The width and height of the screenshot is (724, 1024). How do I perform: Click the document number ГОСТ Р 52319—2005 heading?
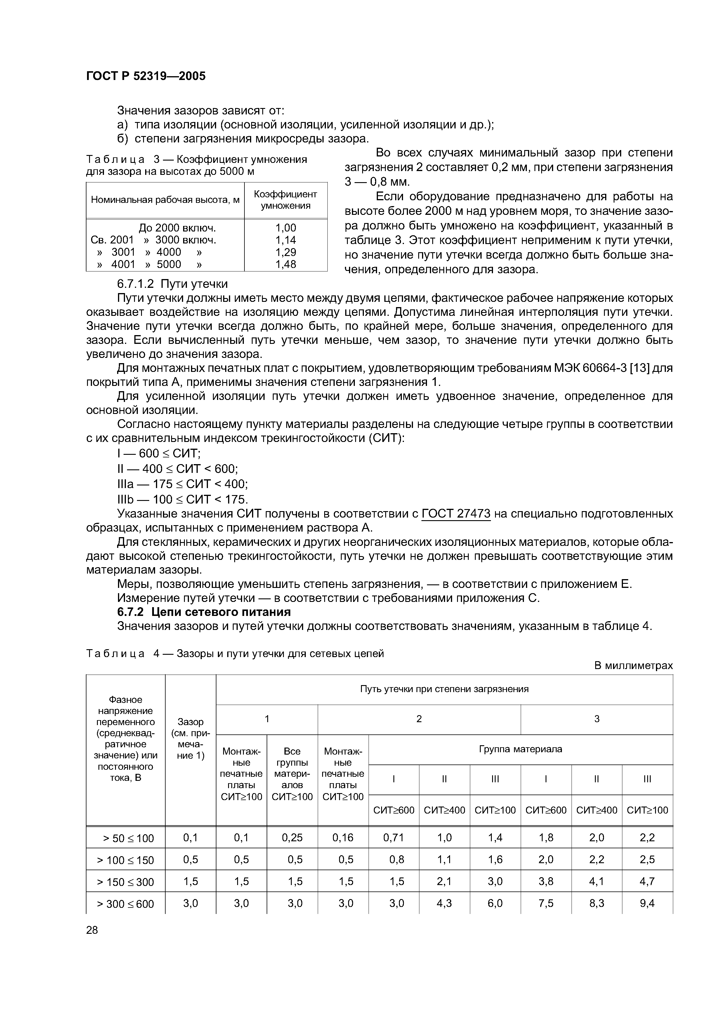tap(146, 76)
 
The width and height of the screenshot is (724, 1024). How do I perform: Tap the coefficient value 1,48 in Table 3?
tap(286, 264)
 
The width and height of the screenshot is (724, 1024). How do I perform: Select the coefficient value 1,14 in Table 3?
tap(286, 241)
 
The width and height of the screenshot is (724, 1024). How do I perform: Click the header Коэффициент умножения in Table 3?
tap(286, 200)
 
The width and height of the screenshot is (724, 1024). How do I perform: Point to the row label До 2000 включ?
tap(177, 228)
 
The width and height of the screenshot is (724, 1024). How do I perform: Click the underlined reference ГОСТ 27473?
tap(456, 514)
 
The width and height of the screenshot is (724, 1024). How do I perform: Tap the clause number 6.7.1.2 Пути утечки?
tap(172, 284)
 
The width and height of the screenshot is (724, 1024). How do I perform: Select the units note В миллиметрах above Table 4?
tap(633, 666)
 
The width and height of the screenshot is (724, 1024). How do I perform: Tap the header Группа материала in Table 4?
tap(520, 749)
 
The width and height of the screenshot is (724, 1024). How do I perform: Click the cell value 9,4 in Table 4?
tap(647, 903)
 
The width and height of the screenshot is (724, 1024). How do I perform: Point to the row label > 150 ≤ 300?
tap(125, 882)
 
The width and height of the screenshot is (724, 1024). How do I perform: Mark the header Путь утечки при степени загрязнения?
tap(444, 689)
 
